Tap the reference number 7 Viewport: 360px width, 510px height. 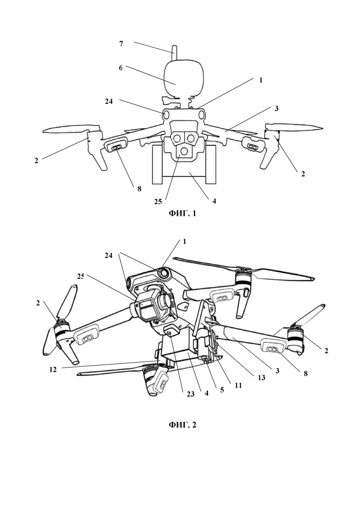click(x=121, y=43)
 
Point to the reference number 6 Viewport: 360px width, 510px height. click(x=120, y=68)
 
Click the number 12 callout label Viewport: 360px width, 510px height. click(x=53, y=369)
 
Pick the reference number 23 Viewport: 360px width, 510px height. click(x=190, y=394)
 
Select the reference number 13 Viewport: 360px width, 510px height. click(x=261, y=378)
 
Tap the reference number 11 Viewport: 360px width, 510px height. click(x=239, y=385)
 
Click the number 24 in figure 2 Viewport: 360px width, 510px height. click(x=109, y=256)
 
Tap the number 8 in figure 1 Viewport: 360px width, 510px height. click(x=139, y=188)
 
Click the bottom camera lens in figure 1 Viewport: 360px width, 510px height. click(x=184, y=151)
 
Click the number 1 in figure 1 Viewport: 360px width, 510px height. click(x=261, y=80)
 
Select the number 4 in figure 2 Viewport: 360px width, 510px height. click(x=206, y=392)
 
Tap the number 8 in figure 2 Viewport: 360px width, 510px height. click(x=305, y=374)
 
